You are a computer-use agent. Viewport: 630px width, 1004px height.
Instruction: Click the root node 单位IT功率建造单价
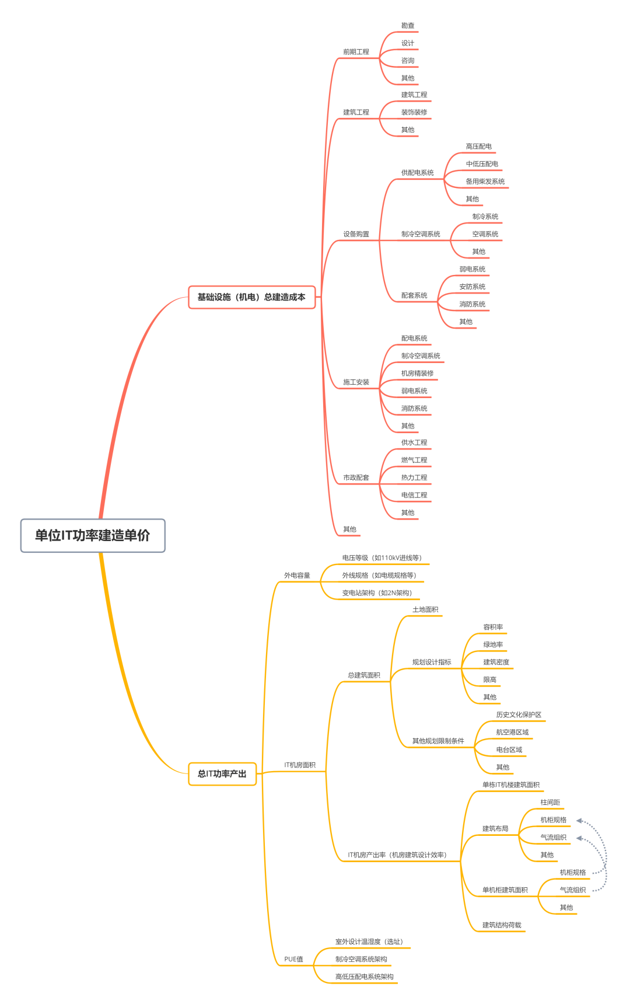(93, 535)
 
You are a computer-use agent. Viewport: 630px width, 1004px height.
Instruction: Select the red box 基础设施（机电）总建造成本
(251, 297)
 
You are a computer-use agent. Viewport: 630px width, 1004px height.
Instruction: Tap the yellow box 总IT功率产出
(222, 774)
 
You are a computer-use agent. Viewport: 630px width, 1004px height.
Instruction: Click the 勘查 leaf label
(408, 26)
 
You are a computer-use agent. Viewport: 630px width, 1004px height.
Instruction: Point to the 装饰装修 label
(414, 112)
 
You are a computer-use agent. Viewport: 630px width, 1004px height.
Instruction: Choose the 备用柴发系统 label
(485, 182)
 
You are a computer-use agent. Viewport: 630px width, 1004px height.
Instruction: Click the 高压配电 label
(479, 147)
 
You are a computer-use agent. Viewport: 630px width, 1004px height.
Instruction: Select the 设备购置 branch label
(356, 234)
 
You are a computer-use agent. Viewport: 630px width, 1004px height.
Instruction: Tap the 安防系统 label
(473, 287)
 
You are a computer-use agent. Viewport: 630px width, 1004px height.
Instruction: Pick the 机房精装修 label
(418, 374)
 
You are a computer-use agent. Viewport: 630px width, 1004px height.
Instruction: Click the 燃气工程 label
(414, 460)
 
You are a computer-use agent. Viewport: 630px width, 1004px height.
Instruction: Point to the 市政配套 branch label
(356, 477)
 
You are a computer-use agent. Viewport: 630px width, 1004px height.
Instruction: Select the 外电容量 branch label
(297, 576)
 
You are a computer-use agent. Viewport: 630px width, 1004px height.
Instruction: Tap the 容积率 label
(493, 627)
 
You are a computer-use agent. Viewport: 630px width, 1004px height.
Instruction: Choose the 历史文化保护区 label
(519, 715)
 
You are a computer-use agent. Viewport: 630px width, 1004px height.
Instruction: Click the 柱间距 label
(550, 803)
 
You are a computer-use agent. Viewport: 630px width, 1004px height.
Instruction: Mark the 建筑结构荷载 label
(502, 925)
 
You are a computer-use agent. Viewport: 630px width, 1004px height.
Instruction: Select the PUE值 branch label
(293, 959)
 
